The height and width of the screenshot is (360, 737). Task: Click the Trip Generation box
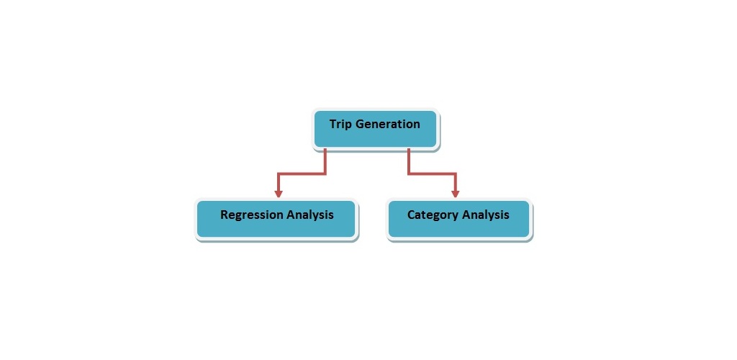pos(376,130)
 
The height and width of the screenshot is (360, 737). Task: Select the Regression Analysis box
pos(276,219)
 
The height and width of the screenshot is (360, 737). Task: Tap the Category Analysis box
pos(458,219)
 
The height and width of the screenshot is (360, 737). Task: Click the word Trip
pos(340,125)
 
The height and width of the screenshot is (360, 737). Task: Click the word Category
pos(433,215)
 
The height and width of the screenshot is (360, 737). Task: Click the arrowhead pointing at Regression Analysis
pos(279,193)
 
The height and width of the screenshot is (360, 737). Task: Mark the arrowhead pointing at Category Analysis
pos(455,193)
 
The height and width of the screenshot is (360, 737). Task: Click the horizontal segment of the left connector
pos(302,174)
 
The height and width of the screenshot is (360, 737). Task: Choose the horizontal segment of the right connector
pos(432,174)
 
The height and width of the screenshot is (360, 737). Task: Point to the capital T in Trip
pos(333,124)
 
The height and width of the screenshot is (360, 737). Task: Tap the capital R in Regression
pos(225,215)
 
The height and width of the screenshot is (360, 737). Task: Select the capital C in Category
pos(411,215)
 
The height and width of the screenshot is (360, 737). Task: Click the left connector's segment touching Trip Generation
pos(325,161)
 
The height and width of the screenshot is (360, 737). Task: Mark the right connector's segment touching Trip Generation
pos(409,161)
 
